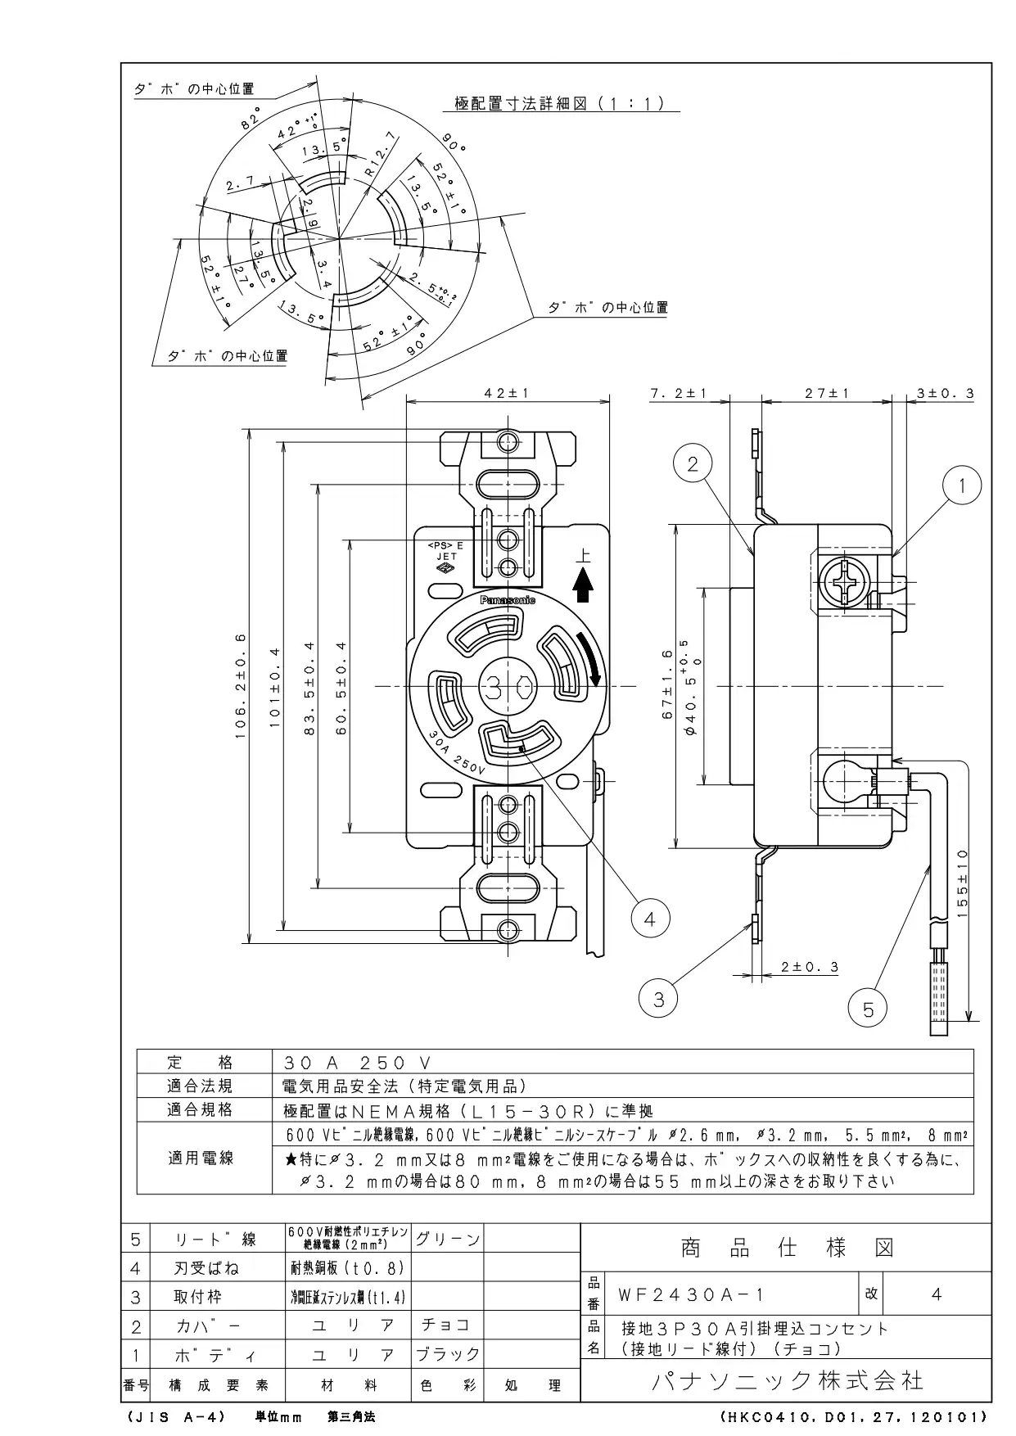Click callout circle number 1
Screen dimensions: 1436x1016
pyautogui.click(x=963, y=485)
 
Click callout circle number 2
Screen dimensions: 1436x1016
pyautogui.click(x=693, y=464)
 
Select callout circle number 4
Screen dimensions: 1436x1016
pyautogui.click(x=649, y=919)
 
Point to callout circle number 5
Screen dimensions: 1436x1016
pyautogui.click(x=868, y=1009)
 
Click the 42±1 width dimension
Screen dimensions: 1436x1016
pyautogui.click(x=508, y=393)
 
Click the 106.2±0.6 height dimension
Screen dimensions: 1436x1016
pyautogui.click(x=241, y=686)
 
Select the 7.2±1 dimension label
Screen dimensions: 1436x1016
pyautogui.click(x=678, y=393)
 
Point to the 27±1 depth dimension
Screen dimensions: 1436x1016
pyautogui.click(x=827, y=393)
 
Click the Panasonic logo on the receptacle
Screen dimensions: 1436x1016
pyautogui.click(x=508, y=600)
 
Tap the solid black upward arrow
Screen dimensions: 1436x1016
pyautogui.click(x=582, y=585)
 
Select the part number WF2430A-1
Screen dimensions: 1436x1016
pyautogui.click(x=692, y=1294)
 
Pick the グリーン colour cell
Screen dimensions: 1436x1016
pyautogui.click(x=447, y=1239)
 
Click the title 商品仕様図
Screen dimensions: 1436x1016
pyautogui.click(x=787, y=1248)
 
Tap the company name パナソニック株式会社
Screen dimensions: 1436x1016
pyautogui.click(x=787, y=1381)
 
